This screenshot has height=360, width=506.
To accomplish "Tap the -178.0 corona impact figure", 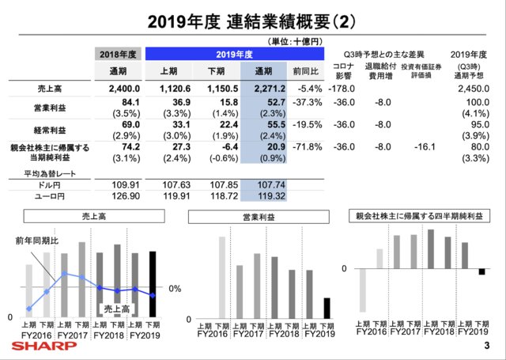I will coord(342,90).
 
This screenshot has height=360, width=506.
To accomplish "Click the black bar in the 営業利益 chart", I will coord(327,309).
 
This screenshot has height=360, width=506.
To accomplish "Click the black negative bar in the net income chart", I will coord(481,271).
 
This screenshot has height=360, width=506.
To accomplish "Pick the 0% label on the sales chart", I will coord(176,289).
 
